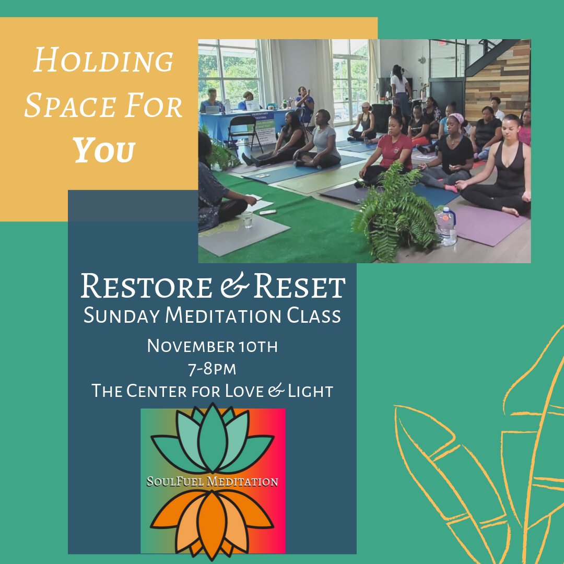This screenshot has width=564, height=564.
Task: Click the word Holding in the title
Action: (x=103, y=60)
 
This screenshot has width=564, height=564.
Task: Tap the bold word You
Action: (x=104, y=150)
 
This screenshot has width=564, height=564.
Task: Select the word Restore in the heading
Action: (x=146, y=286)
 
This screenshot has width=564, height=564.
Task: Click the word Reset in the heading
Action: (x=299, y=286)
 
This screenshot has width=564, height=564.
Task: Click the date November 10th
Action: (x=212, y=346)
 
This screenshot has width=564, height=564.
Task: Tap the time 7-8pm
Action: (x=212, y=369)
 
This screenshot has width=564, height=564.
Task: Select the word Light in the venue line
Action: (x=310, y=391)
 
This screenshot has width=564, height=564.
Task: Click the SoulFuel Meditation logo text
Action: (x=212, y=481)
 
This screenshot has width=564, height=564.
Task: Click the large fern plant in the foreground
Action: (x=396, y=212)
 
